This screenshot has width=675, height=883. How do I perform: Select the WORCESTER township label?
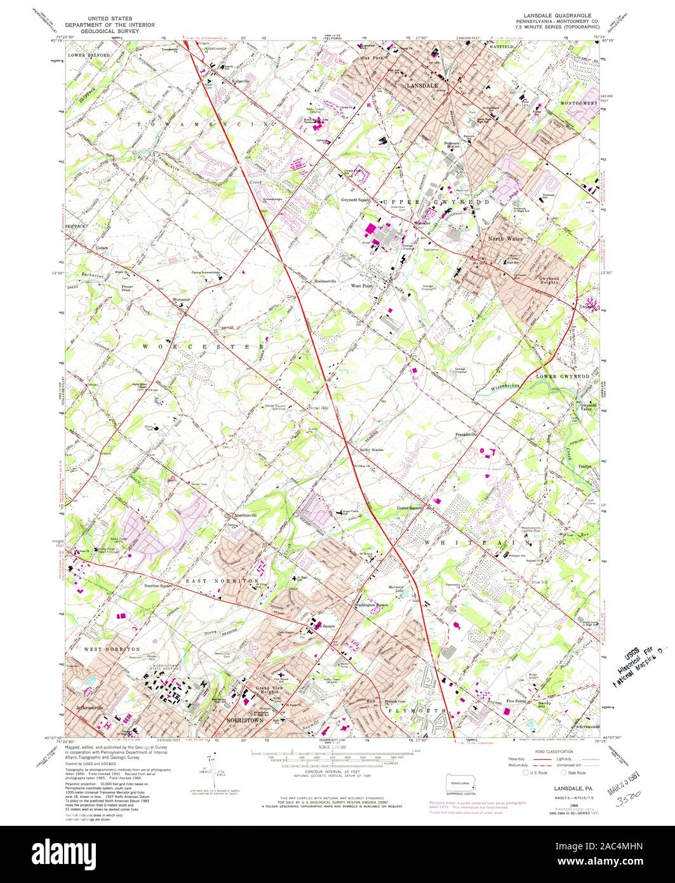[x=203, y=346]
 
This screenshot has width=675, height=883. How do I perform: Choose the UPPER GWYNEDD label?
[x=436, y=201]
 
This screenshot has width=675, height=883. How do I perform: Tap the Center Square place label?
[x=410, y=508]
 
